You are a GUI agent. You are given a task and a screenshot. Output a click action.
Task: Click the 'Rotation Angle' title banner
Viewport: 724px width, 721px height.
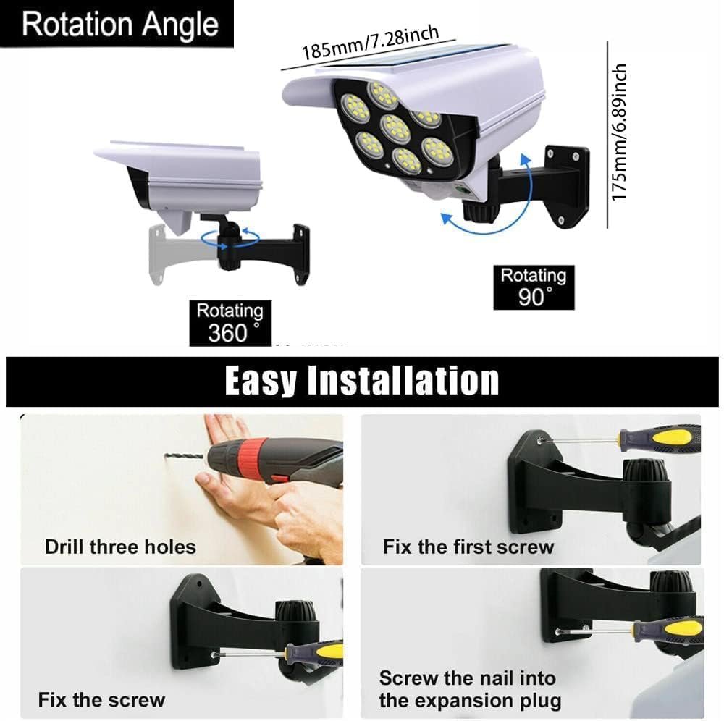[119, 24]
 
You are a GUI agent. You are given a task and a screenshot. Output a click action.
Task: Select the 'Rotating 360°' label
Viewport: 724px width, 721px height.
[230, 323]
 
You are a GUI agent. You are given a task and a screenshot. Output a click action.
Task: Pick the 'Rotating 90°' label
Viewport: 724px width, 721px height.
[534, 287]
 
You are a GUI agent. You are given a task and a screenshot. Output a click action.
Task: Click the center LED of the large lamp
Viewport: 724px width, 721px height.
[395, 127]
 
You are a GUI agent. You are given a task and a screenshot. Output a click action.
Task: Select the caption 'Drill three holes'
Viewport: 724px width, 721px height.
[120, 546]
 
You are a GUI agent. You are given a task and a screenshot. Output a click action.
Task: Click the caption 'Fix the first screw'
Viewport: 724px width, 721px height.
[468, 546]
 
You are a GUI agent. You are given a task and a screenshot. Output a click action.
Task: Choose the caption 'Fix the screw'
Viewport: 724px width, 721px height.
[101, 699]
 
